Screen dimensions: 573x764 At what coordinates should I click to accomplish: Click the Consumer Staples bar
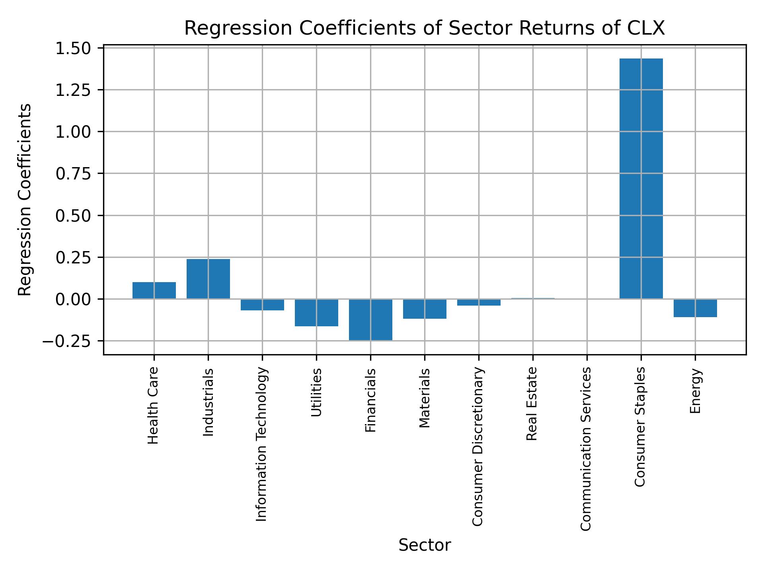pyautogui.click(x=641, y=179)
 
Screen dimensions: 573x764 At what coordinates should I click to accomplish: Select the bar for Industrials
pyautogui.click(x=208, y=279)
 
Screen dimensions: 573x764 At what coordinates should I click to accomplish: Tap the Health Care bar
pyautogui.click(x=154, y=290)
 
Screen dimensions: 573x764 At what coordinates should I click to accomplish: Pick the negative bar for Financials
pyautogui.click(x=370, y=320)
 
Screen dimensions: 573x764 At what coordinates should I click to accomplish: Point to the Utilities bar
pyautogui.click(x=316, y=312)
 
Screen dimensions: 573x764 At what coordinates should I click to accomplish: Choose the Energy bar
pyautogui.click(x=695, y=308)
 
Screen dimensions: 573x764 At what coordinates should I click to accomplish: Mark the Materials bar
pyautogui.click(x=425, y=309)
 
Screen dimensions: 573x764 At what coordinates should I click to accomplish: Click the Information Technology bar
pyautogui.click(x=262, y=304)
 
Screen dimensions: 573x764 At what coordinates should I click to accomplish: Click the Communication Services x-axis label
pyautogui.click(x=586, y=449)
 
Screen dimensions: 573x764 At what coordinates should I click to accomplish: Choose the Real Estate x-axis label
pyautogui.click(x=532, y=404)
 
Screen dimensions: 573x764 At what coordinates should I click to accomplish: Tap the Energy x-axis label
pyautogui.click(x=695, y=391)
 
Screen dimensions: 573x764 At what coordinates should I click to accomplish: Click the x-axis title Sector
pyautogui.click(x=425, y=545)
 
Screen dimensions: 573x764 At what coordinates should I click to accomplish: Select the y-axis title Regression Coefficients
pyautogui.click(x=25, y=200)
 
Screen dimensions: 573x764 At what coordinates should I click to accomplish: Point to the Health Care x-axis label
pyautogui.click(x=153, y=405)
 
